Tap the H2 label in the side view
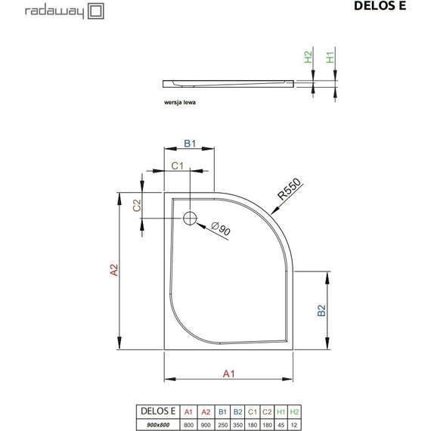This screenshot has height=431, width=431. pos(308,57)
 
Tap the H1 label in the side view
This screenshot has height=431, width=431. pos(330,57)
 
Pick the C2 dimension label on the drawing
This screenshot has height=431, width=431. pos(138,205)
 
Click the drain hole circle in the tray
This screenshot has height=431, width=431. pos(190,219)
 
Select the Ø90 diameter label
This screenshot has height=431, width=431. pos(220,230)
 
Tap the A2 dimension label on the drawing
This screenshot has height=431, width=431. pos(113,271)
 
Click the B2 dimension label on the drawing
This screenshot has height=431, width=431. pos(321,309)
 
